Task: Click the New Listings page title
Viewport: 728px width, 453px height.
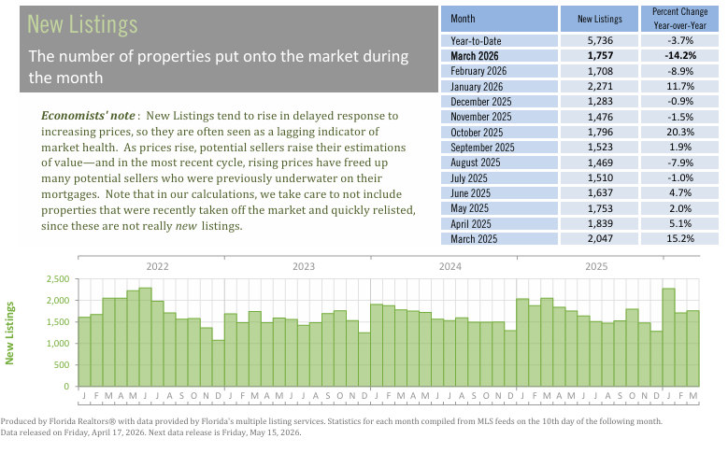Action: pyautogui.click(x=82, y=24)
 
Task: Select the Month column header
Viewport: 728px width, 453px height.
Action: pyautogui.click(x=463, y=19)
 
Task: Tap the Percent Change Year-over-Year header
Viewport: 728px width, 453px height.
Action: pyautogui.click(x=679, y=19)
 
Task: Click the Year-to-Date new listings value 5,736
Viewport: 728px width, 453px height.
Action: pyautogui.click(x=600, y=40)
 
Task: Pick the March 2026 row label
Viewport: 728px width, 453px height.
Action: pyautogui.click(x=474, y=56)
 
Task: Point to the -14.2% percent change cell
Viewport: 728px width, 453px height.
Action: pyautogui.click(x=680, y=56)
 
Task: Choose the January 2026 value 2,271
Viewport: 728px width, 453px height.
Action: pyautogui.click(x=600, y=86)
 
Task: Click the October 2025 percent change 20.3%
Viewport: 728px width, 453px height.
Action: pyautogui.click(x=680, y=132)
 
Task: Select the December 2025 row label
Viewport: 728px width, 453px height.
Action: pyautogui.click(x=480, y=102)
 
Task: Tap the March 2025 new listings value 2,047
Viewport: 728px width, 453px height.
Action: pyautogui.click(x=600, y=238)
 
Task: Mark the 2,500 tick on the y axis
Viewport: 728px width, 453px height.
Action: pyautogui.click(x=58, y=279)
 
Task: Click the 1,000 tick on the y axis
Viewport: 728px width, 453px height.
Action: pyautogui.click(x=58, y=344)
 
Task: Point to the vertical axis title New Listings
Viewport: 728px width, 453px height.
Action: pyautogui.click(x=9, y=333)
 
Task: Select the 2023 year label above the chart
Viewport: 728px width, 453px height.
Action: pyautogui.click(x=304, y=266)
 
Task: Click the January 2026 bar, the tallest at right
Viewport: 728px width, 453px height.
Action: pyautogui.click(x=668, y=337)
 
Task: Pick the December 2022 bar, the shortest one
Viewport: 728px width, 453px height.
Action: pyautogui.click(x=219, y=363)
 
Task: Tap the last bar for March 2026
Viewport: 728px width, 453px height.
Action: pyautogui.click(x=692, y=348)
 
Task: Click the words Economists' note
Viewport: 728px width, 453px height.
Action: pyautogui.click(x=88, y=116)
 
